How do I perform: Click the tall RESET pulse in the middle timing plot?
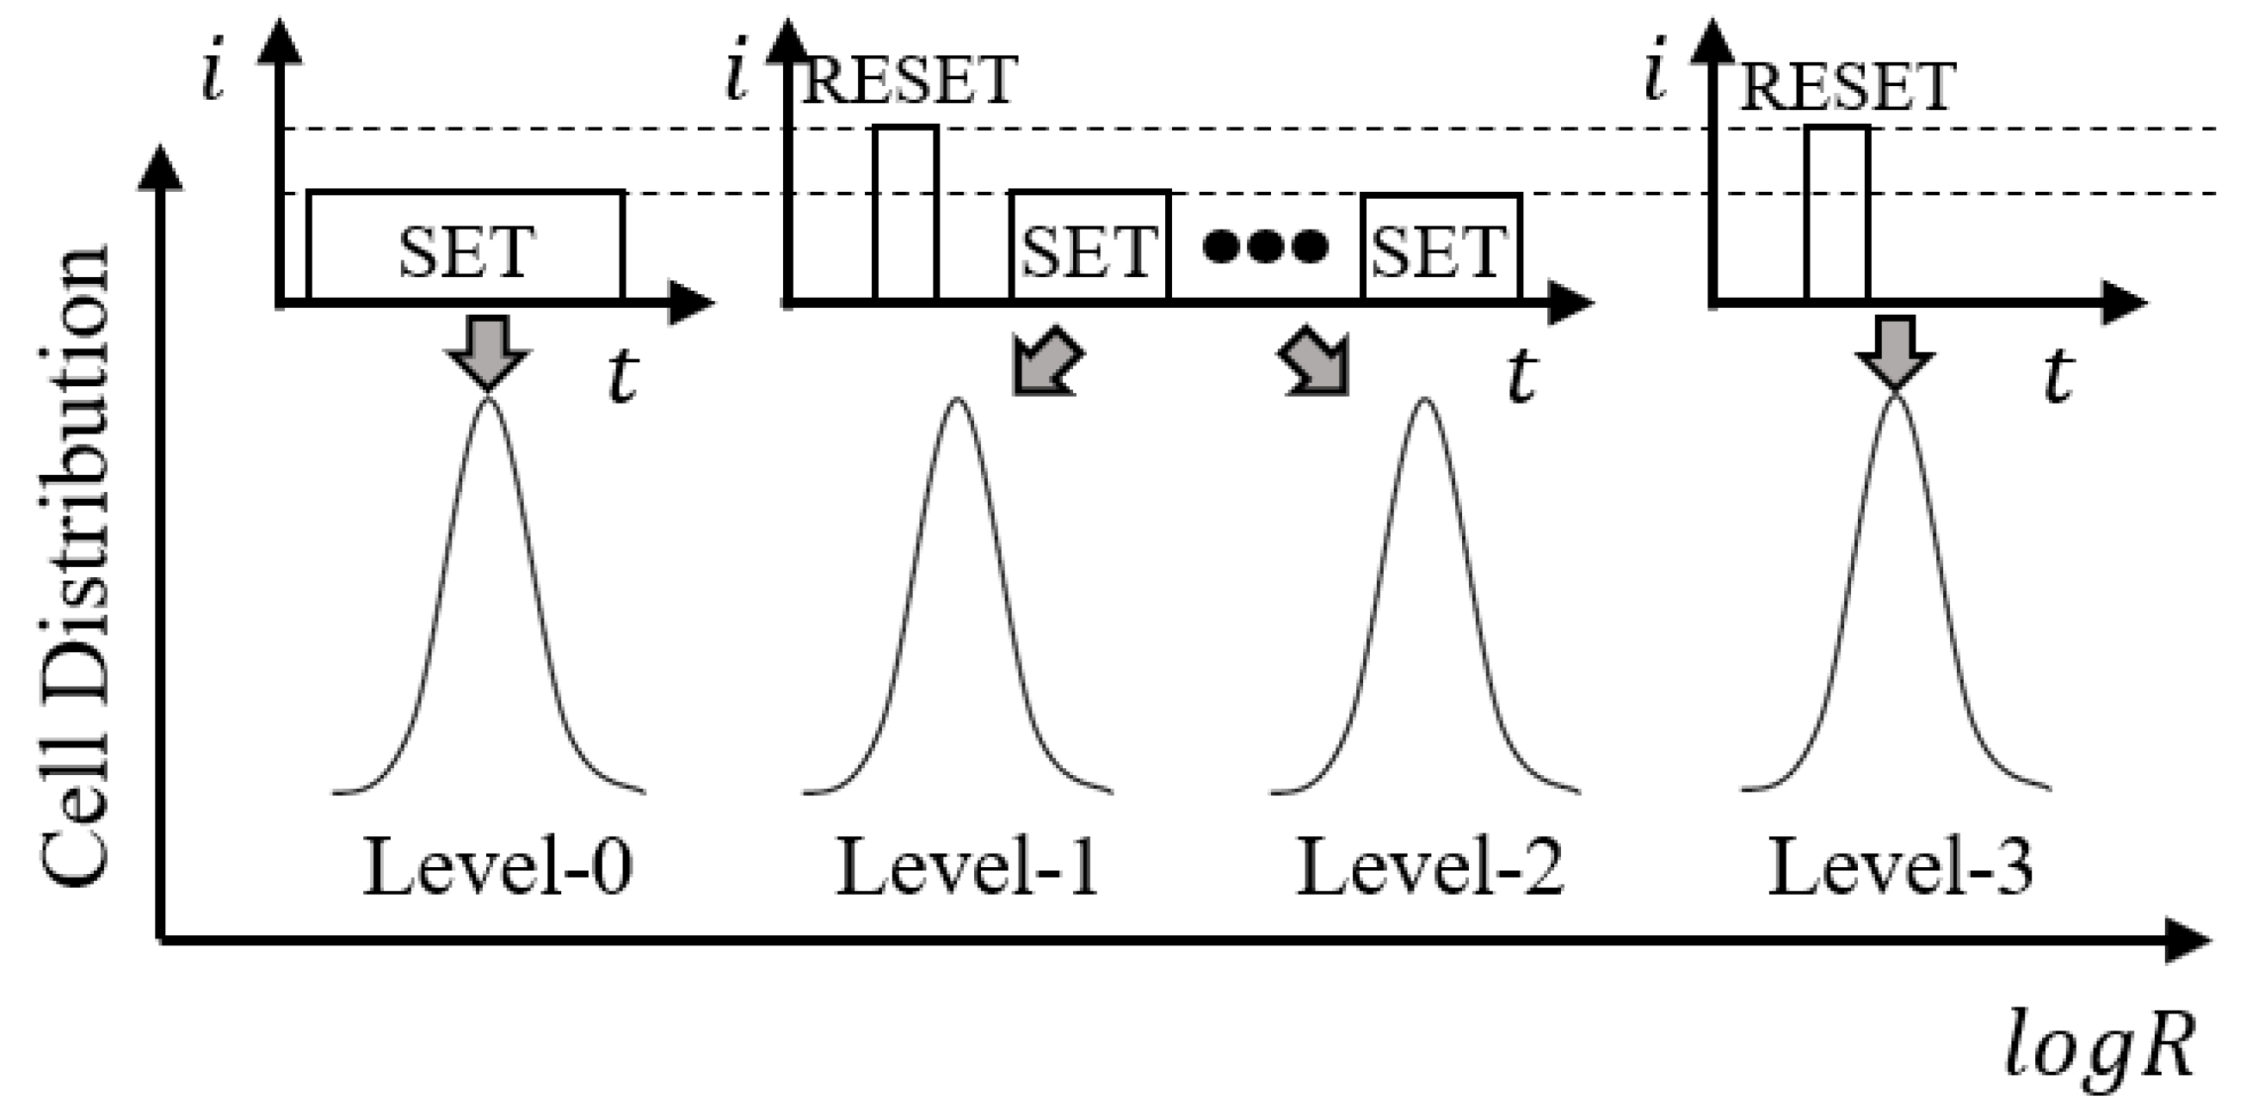(906, 214)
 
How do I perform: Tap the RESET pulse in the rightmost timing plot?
(1838, 214)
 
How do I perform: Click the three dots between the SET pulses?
(1265, 246)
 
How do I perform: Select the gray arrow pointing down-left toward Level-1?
(1046, 363)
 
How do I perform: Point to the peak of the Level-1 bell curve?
(957, 401)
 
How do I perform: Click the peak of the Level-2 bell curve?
(1425, 401)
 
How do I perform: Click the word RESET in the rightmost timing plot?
(1848, 89)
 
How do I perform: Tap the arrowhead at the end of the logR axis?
(2189, 940)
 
